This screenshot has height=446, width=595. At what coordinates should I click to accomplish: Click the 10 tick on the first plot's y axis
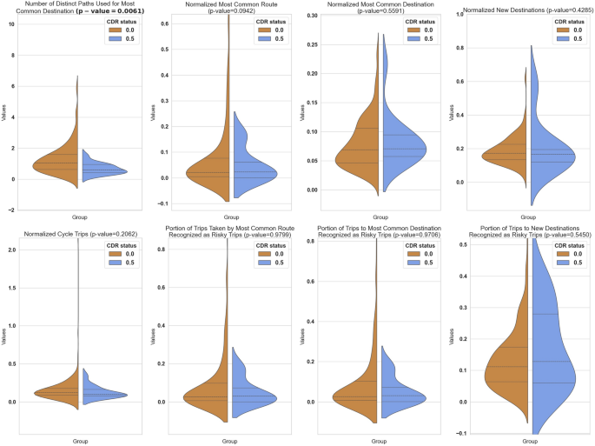(11, 23)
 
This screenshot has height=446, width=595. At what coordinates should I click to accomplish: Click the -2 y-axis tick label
(10, 210)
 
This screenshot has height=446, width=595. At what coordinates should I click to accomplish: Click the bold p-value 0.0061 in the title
(109, 15)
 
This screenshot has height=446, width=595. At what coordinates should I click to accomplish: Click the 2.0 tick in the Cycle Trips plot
(11, 250)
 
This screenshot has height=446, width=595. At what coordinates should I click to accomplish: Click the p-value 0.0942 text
(226, 15)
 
